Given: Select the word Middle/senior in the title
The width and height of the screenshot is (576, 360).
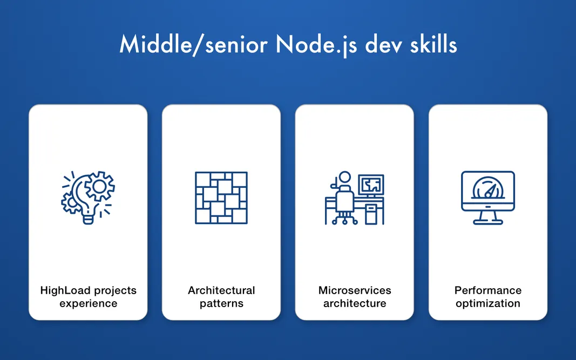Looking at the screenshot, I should pos(193,45).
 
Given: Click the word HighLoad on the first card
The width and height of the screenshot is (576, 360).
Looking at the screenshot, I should pos(64,290).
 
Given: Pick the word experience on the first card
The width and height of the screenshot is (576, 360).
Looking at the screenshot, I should pos(88,303).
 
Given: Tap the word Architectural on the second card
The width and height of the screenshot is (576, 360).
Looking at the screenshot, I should pos(221,290).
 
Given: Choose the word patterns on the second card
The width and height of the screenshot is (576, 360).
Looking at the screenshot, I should pos(221,303).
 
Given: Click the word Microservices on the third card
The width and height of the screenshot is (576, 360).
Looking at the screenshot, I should pos(354,290).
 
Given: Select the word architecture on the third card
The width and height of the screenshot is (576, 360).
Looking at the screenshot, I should pos(354,303).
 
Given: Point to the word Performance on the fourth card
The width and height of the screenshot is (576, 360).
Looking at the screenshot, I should pos(487,290).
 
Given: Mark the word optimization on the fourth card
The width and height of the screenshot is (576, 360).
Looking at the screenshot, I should pos(487,303).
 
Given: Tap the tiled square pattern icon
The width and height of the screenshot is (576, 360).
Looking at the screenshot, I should pos(221,198).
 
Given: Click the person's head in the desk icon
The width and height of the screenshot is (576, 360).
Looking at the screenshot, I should pos(344,178).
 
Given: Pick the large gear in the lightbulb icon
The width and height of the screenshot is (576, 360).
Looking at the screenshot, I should pos(99,186).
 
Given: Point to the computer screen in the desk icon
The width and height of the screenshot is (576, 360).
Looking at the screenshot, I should pos(371,185).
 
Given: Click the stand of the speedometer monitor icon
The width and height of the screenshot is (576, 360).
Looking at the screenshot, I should pos(487,217).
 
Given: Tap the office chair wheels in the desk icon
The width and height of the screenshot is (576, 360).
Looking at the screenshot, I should pos(344,220).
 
